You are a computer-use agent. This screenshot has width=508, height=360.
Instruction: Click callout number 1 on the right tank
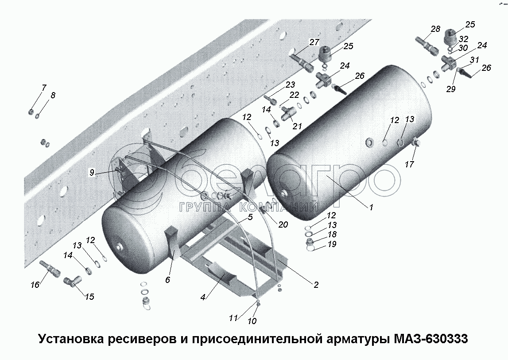pos(372,207)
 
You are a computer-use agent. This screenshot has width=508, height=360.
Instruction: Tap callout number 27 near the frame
pos(314,43)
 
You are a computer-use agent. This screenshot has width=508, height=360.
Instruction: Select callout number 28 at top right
pos(435,29)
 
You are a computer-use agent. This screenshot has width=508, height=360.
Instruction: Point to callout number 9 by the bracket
pos(92,173)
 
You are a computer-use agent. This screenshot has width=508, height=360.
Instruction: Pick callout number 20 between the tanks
pos(283,225)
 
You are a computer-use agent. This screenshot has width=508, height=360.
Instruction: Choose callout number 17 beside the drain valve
pos(409,164)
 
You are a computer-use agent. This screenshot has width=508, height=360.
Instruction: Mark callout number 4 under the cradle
pos(203,298)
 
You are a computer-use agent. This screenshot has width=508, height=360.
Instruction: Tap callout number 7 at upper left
pos(44,88)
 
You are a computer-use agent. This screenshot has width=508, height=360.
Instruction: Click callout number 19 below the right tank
pos(332,244)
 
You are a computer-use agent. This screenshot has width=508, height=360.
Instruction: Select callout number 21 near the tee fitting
pos(297,126)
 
